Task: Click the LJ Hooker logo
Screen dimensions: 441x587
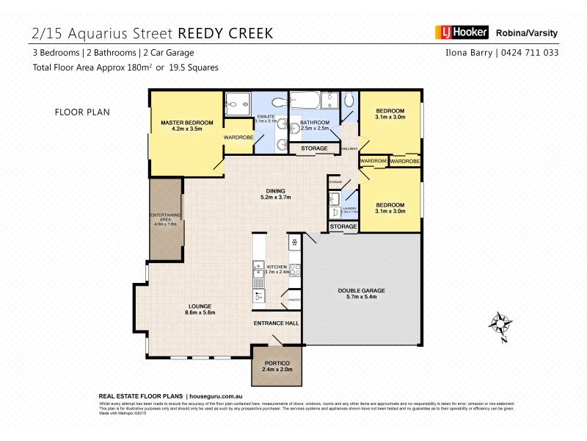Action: coord(459,33)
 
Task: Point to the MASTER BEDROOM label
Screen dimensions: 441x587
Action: coord(186,122)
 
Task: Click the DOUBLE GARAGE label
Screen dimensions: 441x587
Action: coord(361,290)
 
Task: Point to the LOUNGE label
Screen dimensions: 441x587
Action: coord(200,306)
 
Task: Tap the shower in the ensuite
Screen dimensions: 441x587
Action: coord(238,104)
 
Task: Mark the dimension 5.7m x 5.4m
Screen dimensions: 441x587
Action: coord(361,298)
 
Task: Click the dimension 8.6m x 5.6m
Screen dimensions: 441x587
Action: coord(200,313)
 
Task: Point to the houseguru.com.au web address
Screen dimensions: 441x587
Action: coord(219,395)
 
